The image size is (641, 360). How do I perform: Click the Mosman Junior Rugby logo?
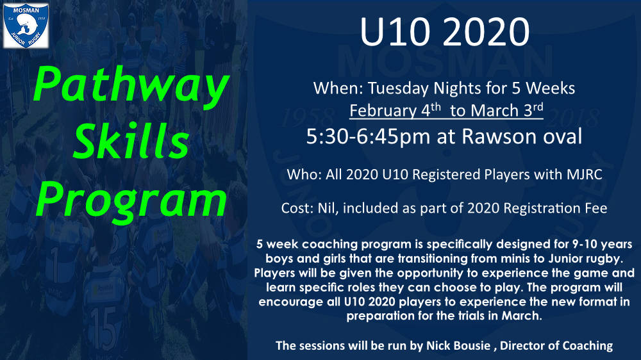tap(26, 26)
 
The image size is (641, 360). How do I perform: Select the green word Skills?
tap(131, 141)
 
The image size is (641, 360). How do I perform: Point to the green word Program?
tap(131, 201)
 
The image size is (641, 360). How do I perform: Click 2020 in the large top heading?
tap(486, 32)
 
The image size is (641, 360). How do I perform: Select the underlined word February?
tap(383, 111)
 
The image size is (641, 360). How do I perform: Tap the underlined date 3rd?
tap(533, 110)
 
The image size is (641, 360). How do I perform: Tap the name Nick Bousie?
tap(458, 346)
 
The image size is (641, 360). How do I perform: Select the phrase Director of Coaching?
tap(556, 346)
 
